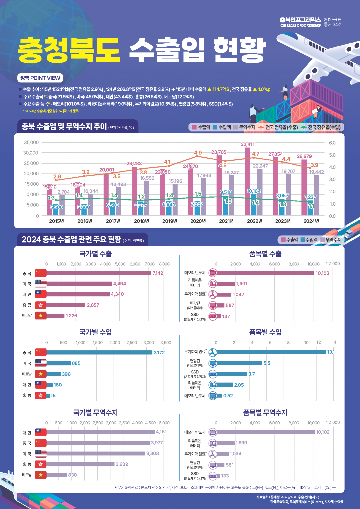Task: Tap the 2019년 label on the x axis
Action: pyautogui.click(x=170, y=221)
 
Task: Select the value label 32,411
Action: pyautogui.click(x=248, y=144)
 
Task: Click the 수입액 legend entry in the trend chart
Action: pyautogui.click(x=222, y=127)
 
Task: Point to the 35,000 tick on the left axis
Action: pyautogui.click(x=31, y=142)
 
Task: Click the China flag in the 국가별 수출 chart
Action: pyautogui.click(x=41, y=273)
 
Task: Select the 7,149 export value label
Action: pyautogui.click(x=158, y=273)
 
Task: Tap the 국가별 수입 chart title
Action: pyautogui.click(x=95, y=332)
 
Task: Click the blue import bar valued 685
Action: pyautogui.click(x=58, y=363)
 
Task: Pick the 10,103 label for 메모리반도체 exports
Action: pyautogui.click(x=322, y=273)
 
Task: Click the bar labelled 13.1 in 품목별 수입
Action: pyautogui.click(x=271, y=352)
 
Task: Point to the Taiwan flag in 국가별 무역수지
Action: pyautogui.click(x=41, y=432)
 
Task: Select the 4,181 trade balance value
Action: pyautogui.click(x=161, y=432)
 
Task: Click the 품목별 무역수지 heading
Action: pyautogui.click(x=265, y=412)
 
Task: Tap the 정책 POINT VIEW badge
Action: pyautogui.click(x=40, y=78)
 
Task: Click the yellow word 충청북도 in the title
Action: pyautogui.click(x=69, y=50)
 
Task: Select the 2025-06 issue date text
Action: pyautogui.click(x=332, y=20)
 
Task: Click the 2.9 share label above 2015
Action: pyautogui.click(x=57, y=177)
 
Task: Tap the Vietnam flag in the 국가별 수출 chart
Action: pyautogui.click(x=41, y=315)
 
